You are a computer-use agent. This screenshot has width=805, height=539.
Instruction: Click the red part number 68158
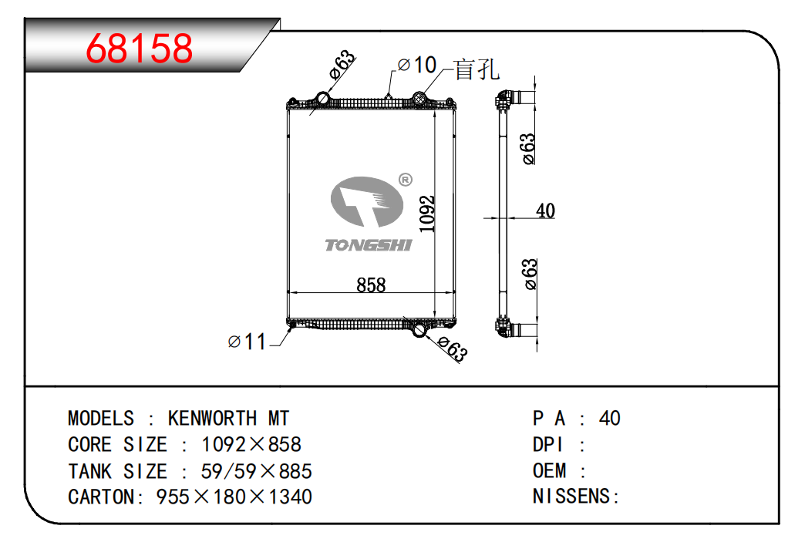pos(139,49)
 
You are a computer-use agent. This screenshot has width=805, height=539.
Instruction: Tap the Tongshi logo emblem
pos(366,201)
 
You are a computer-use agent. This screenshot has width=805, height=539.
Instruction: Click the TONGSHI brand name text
pos(369,245)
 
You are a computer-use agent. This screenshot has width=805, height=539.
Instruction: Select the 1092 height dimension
pos(427,214)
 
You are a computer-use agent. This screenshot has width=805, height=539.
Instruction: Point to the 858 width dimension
pos(371,285)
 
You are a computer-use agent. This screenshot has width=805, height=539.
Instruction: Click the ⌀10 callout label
pos(417,66)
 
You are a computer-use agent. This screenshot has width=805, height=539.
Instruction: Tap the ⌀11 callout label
pos(247,342)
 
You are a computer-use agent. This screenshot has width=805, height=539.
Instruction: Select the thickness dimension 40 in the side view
pos(545,211)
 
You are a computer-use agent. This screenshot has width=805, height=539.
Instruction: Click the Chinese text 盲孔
pos(477,69)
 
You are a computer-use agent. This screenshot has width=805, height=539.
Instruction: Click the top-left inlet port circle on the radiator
pos(323,97)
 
